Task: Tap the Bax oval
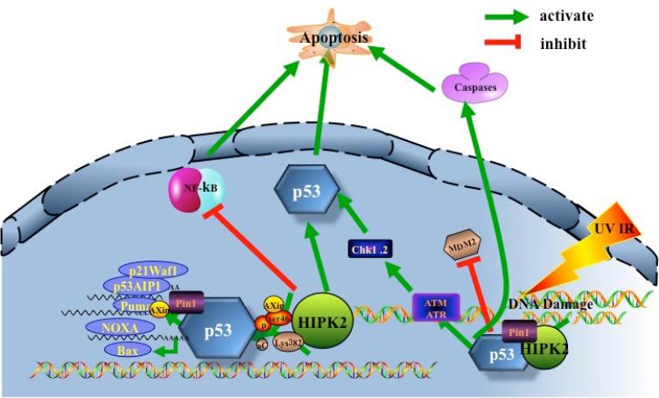pos(122,350)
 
